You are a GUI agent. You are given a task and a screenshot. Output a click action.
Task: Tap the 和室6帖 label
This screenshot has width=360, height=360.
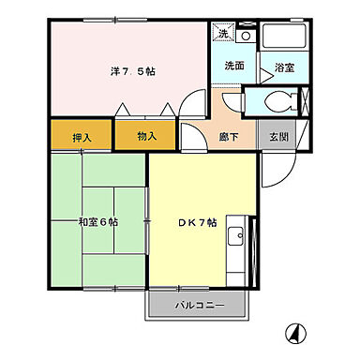97,221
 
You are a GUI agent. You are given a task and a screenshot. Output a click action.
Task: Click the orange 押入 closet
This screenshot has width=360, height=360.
82,137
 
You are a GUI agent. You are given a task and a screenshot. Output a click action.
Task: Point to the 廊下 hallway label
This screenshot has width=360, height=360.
229,136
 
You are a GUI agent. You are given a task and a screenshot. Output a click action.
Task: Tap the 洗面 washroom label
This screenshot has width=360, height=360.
234,67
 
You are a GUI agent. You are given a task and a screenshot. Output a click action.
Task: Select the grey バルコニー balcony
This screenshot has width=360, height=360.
197,305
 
